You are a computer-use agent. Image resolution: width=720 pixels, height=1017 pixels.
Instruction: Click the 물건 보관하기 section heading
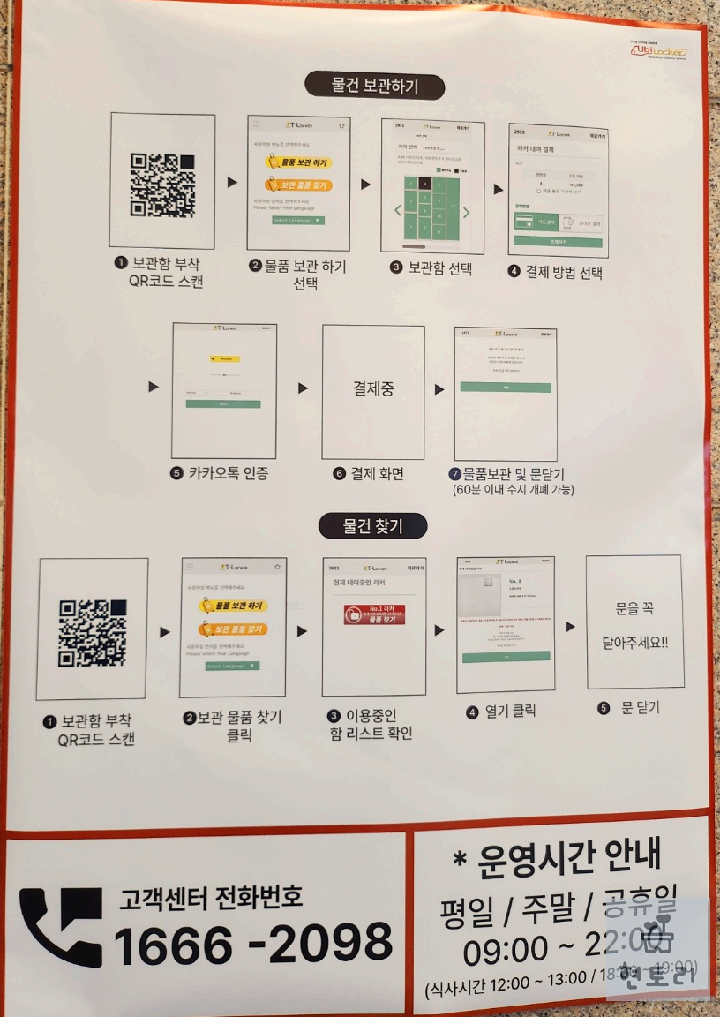pyautogui.click(x=374, y=87)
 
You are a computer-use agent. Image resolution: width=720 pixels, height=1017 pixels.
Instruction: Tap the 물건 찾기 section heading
pyautogui.click(x=372, y=526)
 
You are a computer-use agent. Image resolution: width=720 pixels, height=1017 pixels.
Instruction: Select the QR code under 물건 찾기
pyautogui.click(x=92, y=632)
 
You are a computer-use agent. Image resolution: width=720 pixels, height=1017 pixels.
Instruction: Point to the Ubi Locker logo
pyautogui.click(x=658, y=52)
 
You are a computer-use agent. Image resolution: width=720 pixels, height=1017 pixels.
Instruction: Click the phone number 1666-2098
pyautogui.click(x=253, y=943)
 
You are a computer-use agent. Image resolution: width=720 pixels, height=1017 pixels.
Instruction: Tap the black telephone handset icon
pyautogui.click(x=61, y=927)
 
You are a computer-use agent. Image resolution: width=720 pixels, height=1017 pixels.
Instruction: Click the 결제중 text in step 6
pyautogui.click(x=372, y=388)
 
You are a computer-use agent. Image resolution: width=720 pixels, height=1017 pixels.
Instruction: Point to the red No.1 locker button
pyautogui.click(x=374, y=614)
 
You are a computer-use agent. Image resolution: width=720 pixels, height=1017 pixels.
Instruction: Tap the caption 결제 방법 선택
pyautogui.click(x=555, y=272)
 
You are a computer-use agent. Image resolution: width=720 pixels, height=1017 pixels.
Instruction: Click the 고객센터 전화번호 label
pyautogui.click(x=211, y=899)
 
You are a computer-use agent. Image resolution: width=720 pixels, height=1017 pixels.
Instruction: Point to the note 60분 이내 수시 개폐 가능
pyautogui.click(x=513, y=489)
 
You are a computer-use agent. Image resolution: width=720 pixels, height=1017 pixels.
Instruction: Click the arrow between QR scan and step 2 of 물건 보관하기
pyautogui.click(x=232, y=183)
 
